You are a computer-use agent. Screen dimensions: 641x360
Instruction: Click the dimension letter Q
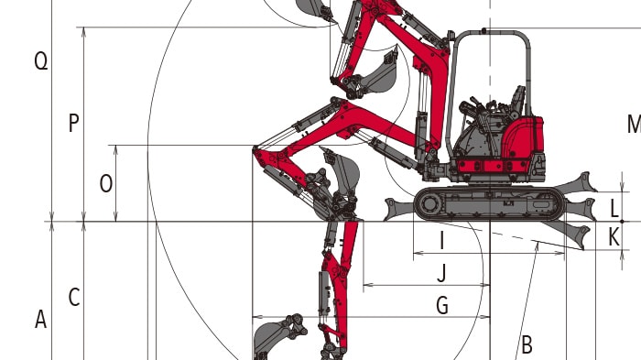pyautogui.click(x=41, y=61)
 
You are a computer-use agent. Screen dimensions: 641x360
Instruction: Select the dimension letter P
pyautogui.click(x=73, y=123)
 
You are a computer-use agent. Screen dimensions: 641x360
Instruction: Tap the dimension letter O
pyautogui.click(x=106, y=184)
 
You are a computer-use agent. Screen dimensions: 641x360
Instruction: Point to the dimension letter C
pyautogui.click(x=74, y=298)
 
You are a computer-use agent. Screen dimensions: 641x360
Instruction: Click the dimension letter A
pyautogui.click(x=40, y=320)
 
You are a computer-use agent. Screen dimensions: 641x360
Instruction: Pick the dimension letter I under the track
pyautogui.click(x=441, y=241)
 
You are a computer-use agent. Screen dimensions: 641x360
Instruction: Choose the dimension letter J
pyautogui.click(x=441, y=273)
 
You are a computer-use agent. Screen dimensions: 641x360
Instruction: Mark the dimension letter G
pyautogui.click(x=442, y=306)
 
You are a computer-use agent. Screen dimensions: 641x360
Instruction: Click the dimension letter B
pyautogui.click(x=527, y=344)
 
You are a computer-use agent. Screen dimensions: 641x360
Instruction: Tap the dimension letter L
pyautogui.click(x=614, y=209)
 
